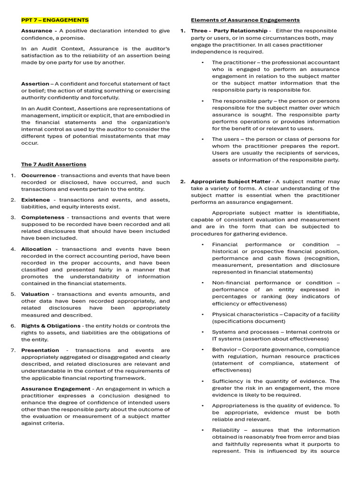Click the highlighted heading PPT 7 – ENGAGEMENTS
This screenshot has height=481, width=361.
pos(55,20)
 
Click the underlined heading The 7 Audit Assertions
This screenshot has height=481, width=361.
pos(54,164)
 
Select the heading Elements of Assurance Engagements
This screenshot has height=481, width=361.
pos(245,20)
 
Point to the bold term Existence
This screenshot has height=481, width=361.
pos(35,200)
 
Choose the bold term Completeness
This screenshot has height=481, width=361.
pos(43,217)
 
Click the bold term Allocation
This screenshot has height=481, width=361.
pos(36,249)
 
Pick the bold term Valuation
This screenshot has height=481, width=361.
pos(35,294)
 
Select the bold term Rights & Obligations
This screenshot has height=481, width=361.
pos(51,326)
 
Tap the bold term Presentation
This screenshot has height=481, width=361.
pos(40,350)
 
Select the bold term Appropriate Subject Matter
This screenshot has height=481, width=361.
pos(231,181)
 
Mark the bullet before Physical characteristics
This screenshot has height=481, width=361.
pos(203,314)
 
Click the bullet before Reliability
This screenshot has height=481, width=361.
pos(203,430)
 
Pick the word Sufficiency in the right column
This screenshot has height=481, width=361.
pos(228,381)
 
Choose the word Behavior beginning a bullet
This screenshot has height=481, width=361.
pos(224,349)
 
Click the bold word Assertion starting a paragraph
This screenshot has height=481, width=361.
pos(35,84)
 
